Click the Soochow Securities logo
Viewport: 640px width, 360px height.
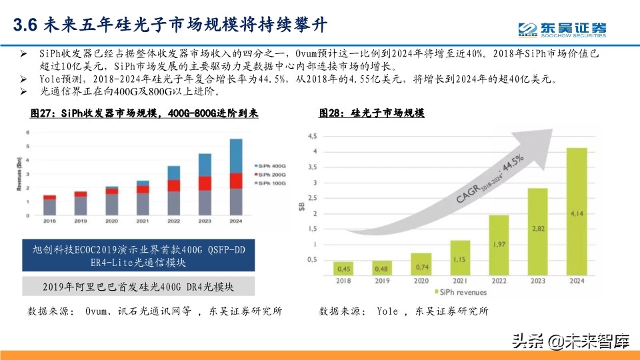[x=563, y=29]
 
